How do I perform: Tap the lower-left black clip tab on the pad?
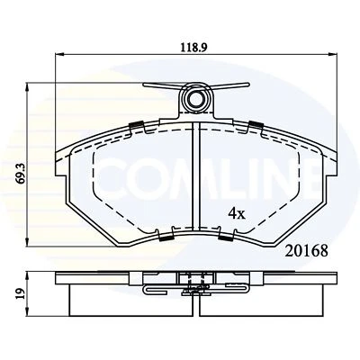click(x=165, y=238)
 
